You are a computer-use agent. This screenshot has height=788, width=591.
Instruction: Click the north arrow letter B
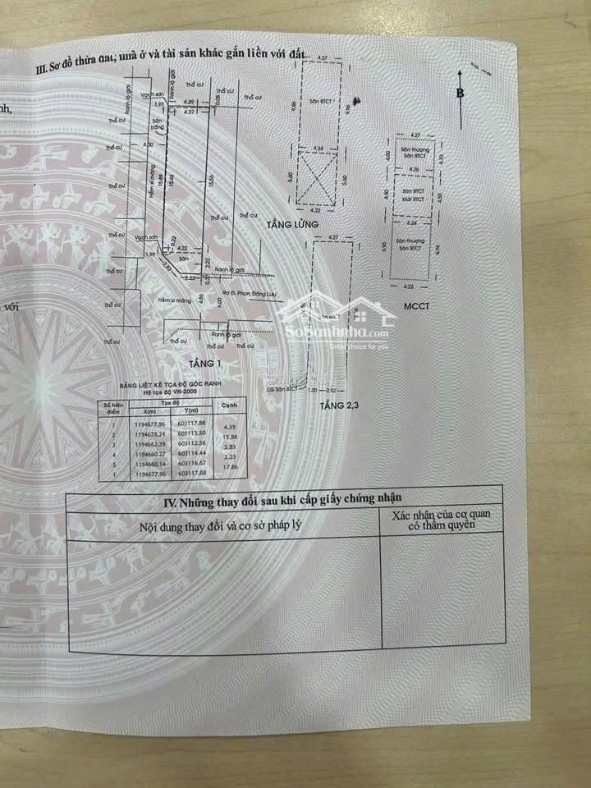click(460, 93)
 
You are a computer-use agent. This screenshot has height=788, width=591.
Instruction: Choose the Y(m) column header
click(194, 410)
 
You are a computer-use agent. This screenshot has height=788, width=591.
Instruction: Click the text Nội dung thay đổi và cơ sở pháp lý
click(222, 526)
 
